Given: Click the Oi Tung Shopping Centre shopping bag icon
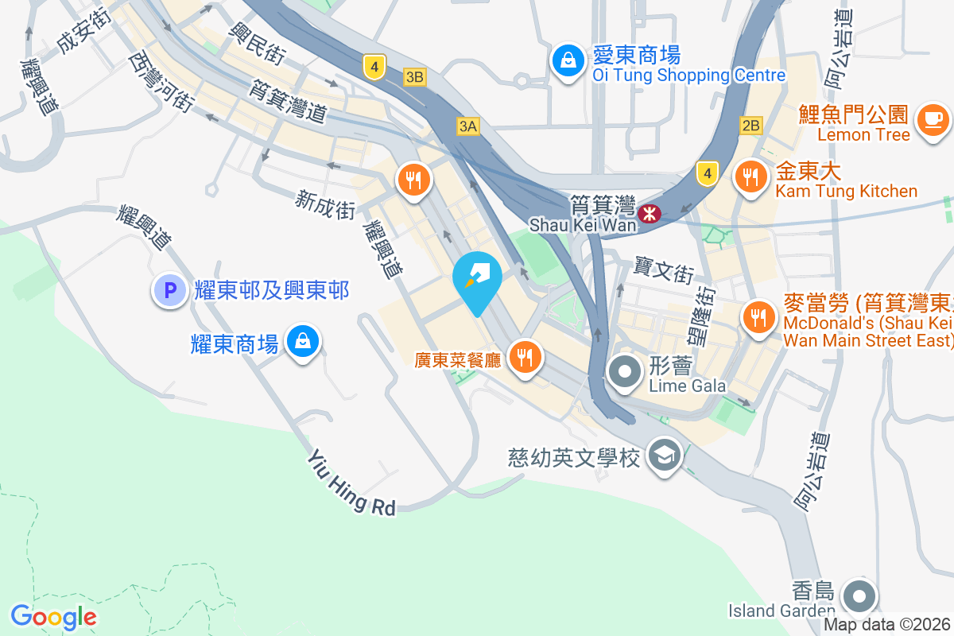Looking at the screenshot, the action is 569,60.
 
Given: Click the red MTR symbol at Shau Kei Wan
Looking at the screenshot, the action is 650,213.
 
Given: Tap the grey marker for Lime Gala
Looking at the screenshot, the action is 626,371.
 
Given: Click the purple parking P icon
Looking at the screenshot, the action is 169,290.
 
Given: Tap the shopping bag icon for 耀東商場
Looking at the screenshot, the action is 303,342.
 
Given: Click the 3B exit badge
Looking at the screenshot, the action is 415,77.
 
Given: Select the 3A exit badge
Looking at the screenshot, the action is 468,126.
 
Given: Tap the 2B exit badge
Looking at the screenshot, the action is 750,125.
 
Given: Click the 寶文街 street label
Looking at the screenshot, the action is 665,270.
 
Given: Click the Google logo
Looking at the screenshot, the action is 53,616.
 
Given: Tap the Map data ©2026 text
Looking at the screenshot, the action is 886,625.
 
